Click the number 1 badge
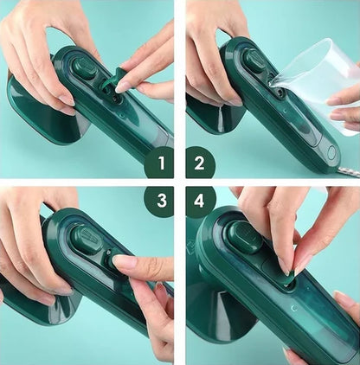(x=158, y=162)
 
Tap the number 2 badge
(x=201, y=162)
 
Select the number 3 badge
(x=158, y=202)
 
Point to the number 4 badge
(x=201, y=202)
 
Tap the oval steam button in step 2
(x=254, y=61)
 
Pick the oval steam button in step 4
(x=245, y=236)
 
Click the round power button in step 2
(x=331, y=153)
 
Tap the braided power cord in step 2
(x=350, y=168)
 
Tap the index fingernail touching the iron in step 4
(x=284, y=266)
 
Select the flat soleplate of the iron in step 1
(x=35, y=112)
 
